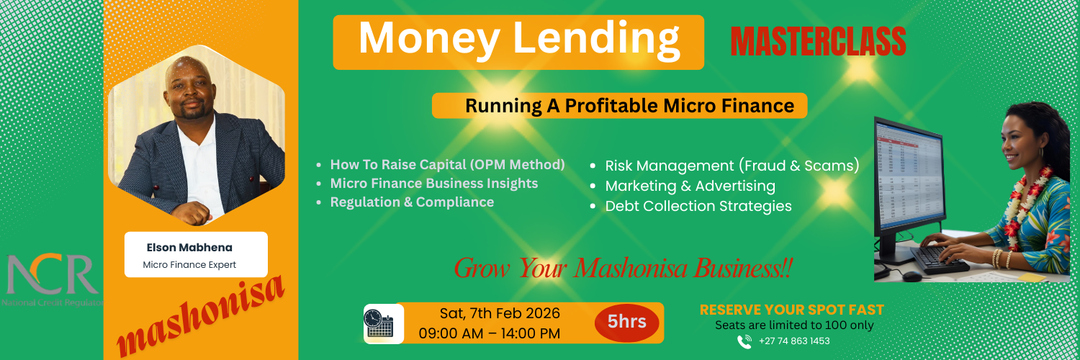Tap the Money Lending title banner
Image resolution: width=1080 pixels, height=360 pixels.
(518, 42)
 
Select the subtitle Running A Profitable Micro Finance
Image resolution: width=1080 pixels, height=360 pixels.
(619, 106)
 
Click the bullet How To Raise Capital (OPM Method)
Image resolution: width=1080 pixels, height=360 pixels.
(447, 164)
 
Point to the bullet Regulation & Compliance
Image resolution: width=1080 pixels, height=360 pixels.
(412, 202)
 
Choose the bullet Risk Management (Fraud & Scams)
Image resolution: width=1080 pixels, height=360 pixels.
(732, 166)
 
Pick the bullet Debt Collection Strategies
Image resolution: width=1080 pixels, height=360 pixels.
(698, 206)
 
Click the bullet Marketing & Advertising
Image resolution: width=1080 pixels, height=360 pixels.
(690, 186)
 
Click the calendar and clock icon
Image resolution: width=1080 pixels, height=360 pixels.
(380, 323)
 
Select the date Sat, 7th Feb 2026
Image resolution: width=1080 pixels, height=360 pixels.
(500, 313)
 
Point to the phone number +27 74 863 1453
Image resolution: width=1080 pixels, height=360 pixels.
(794, 341)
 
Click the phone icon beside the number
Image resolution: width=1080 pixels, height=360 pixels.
(745, 341)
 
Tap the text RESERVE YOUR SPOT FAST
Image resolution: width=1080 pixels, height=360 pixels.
(791, 310)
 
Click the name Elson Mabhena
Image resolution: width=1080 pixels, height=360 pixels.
(189, 248)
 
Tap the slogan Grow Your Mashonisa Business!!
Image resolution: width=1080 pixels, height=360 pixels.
(623, 269)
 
